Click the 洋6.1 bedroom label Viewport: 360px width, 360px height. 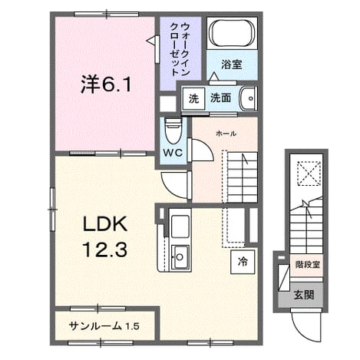106,84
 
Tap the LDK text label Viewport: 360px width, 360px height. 105,224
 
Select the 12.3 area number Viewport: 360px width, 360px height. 105,250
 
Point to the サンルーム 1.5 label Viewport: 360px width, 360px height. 104,326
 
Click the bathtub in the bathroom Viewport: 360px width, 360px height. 232,33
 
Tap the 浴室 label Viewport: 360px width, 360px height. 232,64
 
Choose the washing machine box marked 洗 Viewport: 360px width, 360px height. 193,98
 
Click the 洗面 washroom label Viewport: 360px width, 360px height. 220,98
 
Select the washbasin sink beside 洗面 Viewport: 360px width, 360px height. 248,98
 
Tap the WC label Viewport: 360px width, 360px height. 173,153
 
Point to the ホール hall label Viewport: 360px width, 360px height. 226,134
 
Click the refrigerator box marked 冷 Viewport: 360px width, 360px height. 243,262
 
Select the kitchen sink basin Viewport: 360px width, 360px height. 180,257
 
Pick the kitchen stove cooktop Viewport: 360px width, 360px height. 180,226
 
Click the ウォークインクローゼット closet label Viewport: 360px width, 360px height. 180,49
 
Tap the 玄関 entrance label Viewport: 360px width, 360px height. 304,295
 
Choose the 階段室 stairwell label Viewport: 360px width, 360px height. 308,264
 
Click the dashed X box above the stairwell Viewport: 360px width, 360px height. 309,173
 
